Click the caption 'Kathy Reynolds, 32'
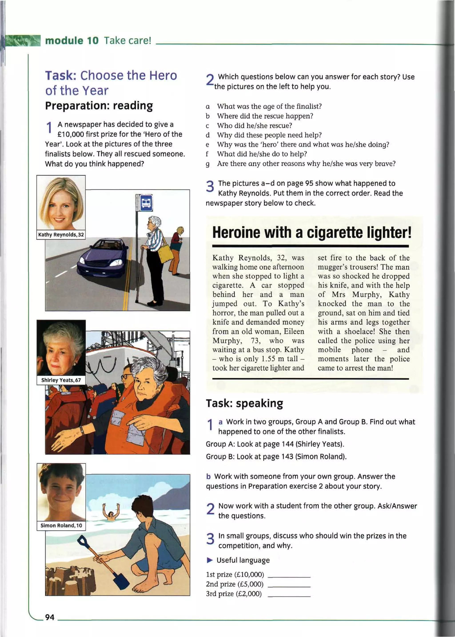coord(61,235)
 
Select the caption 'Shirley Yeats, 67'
coord(61,380)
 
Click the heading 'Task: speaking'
coord(244,403)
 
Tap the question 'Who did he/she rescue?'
coord(254,126)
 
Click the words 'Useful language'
coord(243,560)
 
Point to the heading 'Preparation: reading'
coord(99,106)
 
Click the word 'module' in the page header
coord(64,41)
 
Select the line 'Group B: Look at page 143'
coord(276,456)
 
